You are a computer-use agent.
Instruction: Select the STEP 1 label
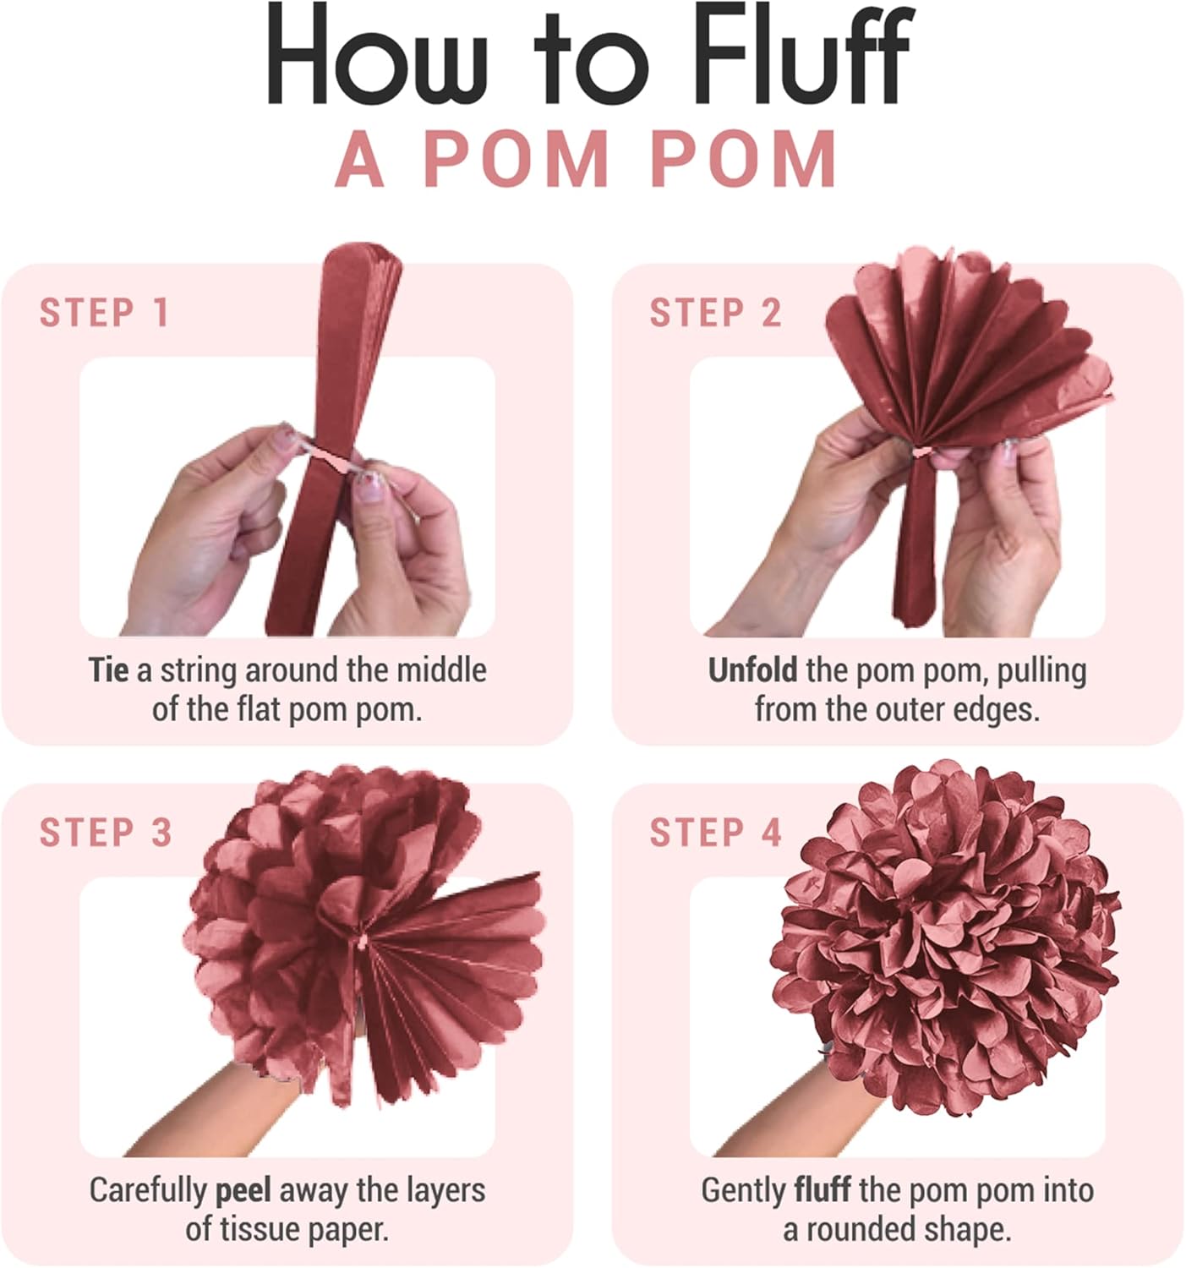(x=104, y=313)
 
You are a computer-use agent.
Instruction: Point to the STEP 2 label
(x=715, y=313)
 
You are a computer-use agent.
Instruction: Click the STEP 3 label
(x=106, y=833)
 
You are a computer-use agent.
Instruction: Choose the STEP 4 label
(x=715, y=833)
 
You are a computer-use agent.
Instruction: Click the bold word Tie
(x=109, y=670)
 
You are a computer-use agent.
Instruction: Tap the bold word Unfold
(x=752, y=670)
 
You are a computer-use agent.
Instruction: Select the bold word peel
(x=243, y=1190)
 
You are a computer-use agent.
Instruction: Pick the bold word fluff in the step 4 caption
(x=823, y=1190)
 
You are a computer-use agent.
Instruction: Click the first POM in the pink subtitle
(x=516, y=160)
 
